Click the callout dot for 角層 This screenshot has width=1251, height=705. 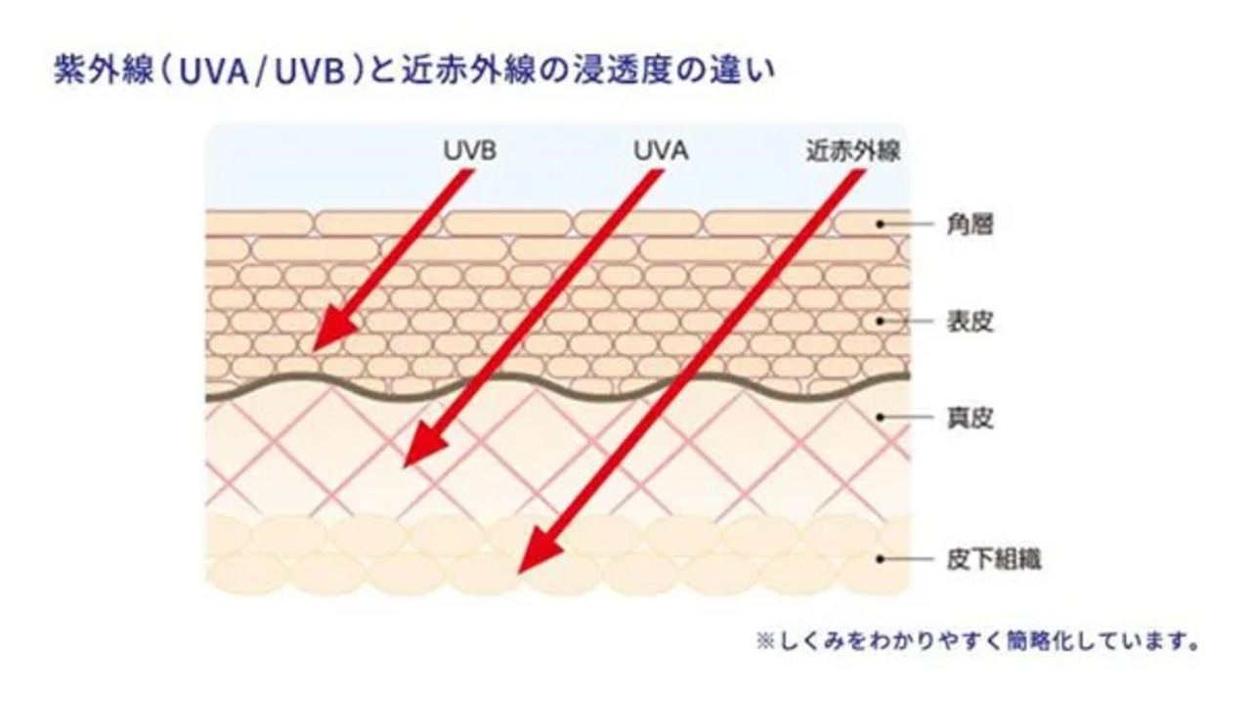(880, 224)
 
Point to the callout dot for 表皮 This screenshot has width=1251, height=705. (880, 320)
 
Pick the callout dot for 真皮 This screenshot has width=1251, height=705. (880, 418)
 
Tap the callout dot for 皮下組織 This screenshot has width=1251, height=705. (880, 559)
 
